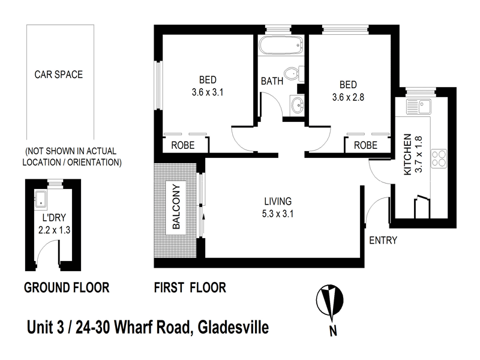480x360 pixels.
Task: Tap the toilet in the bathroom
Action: (291, 74)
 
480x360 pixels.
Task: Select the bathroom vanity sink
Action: (295, 106)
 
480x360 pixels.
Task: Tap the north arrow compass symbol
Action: (329, 298)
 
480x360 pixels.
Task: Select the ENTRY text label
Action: (383, 241)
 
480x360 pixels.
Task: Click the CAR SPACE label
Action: (58, 75)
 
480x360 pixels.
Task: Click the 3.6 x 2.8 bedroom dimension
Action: (348, 95)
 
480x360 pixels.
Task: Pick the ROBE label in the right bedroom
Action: (365, 145)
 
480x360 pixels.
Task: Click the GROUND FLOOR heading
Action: (66, 288)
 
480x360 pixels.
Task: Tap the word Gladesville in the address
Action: (230, 328)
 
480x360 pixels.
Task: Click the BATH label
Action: (272, 81)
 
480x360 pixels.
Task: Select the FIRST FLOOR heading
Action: (190, 288)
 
